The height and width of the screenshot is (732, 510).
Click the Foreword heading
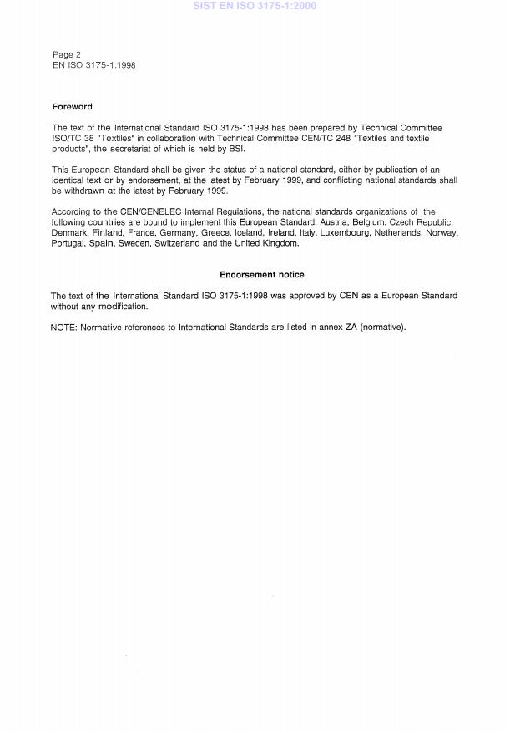point(72,107)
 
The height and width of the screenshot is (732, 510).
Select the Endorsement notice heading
point(262,274)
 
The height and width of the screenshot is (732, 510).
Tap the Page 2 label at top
point(67,54)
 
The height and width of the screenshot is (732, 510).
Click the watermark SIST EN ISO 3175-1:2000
point(255,6)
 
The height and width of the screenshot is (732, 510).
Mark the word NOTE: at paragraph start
point(63,327)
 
